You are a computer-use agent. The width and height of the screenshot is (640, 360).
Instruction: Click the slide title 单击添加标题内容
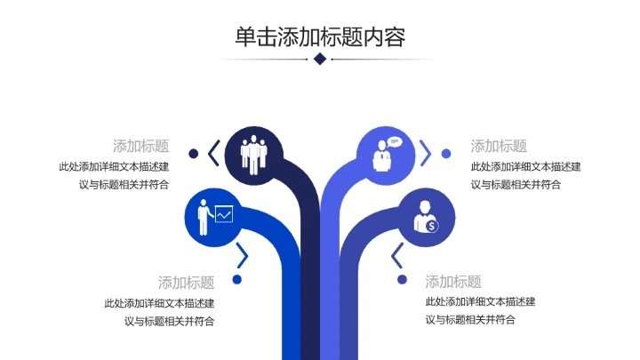pos(320,36)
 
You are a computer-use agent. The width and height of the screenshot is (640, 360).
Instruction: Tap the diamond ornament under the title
pos(320,59)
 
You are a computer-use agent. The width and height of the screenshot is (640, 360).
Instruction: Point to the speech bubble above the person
pos(395,140)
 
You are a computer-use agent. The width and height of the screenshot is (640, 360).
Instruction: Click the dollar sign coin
pos(431,226)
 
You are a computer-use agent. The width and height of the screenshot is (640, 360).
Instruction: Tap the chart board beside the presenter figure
pos(223,213)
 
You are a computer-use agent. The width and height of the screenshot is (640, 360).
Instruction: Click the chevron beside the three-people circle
pos(213,153)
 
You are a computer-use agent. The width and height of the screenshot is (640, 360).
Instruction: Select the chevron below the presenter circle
pos(241,257)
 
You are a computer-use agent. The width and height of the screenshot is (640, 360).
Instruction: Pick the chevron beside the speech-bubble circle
pos(426,153)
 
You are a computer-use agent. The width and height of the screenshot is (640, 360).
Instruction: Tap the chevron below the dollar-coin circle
pos(397,257)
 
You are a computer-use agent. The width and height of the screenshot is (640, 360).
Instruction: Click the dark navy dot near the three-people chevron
pos(193,153)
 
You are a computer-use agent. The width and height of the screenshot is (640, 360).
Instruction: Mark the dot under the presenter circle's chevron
pos(237,280)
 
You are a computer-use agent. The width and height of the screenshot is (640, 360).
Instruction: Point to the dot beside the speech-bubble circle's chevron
pos(446,153)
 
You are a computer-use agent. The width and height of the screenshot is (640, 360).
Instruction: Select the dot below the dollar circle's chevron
pos(402,280)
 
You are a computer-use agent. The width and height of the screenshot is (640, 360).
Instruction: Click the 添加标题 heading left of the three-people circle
pos(140,146)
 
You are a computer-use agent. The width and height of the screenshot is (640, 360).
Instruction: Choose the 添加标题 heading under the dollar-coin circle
pos(453,282)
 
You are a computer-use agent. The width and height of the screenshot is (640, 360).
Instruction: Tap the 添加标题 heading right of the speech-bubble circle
pos(499,146)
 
